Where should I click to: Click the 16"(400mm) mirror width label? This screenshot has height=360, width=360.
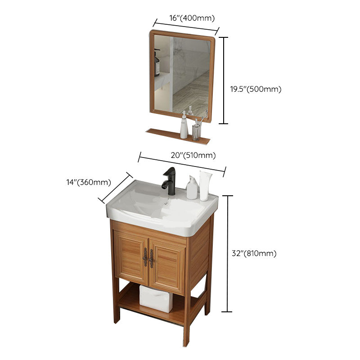click(192, 18)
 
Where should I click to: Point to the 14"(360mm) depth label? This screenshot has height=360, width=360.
click(89, 182)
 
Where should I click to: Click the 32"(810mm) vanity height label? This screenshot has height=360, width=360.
click(254, 253)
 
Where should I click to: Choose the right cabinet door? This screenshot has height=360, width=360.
click(167, 265)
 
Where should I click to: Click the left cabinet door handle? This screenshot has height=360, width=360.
click(145, 257)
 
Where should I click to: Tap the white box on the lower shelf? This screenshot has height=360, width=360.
click(156, 298)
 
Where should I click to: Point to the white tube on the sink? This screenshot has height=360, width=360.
click(206, 184)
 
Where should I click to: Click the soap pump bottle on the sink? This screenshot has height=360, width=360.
click(192, 188)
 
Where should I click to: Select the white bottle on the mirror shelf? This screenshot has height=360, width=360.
click(184, 127)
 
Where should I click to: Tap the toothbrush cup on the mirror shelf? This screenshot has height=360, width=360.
click(196, 131)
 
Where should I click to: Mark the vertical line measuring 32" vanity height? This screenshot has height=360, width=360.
click(228, 253)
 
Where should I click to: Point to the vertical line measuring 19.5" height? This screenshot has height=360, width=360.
click(225, 80)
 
